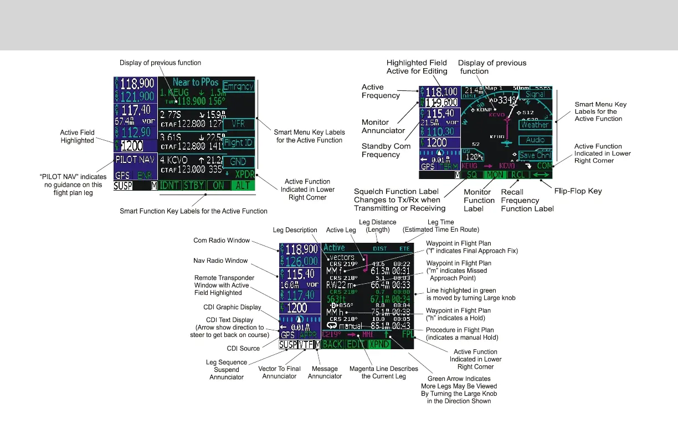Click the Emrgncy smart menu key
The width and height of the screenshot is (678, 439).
pos(238,86)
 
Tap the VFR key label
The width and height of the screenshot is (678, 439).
pos(238,123)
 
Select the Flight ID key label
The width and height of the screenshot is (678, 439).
pos(238,142)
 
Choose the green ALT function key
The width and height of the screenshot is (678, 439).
pos(243,185)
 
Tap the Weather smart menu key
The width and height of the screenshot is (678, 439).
pos(535,125)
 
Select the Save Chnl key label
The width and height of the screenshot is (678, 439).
pos(535,155)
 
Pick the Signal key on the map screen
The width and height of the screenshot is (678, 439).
pos(535,94)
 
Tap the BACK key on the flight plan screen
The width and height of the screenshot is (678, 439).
pos(332,344)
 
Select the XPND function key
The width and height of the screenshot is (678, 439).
pos(379,344)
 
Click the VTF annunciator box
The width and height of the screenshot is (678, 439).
pos(305,345)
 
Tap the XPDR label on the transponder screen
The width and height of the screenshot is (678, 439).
pos(240,173)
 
